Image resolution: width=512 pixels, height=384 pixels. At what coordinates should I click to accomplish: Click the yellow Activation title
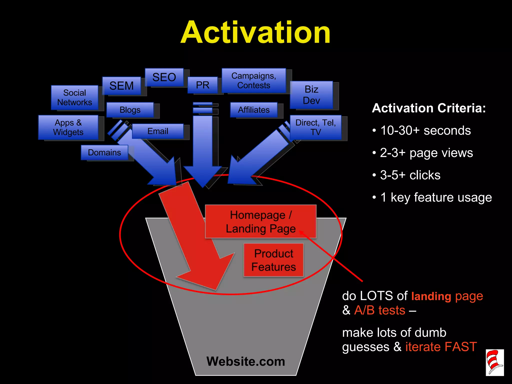click(x=255, y=32)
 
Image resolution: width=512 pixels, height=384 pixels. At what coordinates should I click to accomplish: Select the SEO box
click(x=164, y=77)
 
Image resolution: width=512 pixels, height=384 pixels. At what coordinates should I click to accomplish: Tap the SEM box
click(x=121, y=86)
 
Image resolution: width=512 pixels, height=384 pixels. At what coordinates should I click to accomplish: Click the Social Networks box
click(x=74, y=97)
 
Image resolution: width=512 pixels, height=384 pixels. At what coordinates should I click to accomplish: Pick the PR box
click(x=202, y=85)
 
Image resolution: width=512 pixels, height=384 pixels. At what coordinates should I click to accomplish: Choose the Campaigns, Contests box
click(x=254, y=80)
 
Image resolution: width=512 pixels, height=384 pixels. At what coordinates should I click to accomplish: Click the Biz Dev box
click(x=311, y=95)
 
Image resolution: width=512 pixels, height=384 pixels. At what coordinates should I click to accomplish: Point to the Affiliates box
click(x=254, y=110)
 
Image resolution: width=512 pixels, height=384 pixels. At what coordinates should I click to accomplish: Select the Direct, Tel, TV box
click(x=315, y=127)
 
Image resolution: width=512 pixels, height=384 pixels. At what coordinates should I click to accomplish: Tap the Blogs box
click(x=130, y=110)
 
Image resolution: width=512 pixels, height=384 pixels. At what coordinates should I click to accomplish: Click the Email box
click(x=158, y=131)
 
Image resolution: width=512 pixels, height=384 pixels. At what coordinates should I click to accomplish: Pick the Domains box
click(x=104, y=152)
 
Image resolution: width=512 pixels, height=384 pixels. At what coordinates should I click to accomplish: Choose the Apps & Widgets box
click(x=68, y=127)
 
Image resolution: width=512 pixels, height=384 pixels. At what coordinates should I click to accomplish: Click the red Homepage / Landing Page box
click(x=260, y=221)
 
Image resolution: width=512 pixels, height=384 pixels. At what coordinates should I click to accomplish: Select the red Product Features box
click(x=273, y=260)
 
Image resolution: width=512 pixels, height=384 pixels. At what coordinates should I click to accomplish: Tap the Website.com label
click(x=246, y=361)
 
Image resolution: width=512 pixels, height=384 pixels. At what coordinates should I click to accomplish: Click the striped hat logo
click(x=494, y=362)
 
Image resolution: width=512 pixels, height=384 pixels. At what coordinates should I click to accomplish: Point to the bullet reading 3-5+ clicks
click(x=410, y=175)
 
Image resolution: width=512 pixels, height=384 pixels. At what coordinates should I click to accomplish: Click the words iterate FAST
click(x=441, y=347)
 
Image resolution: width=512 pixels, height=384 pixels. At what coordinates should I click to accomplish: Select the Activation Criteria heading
click(x=429, y=108)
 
